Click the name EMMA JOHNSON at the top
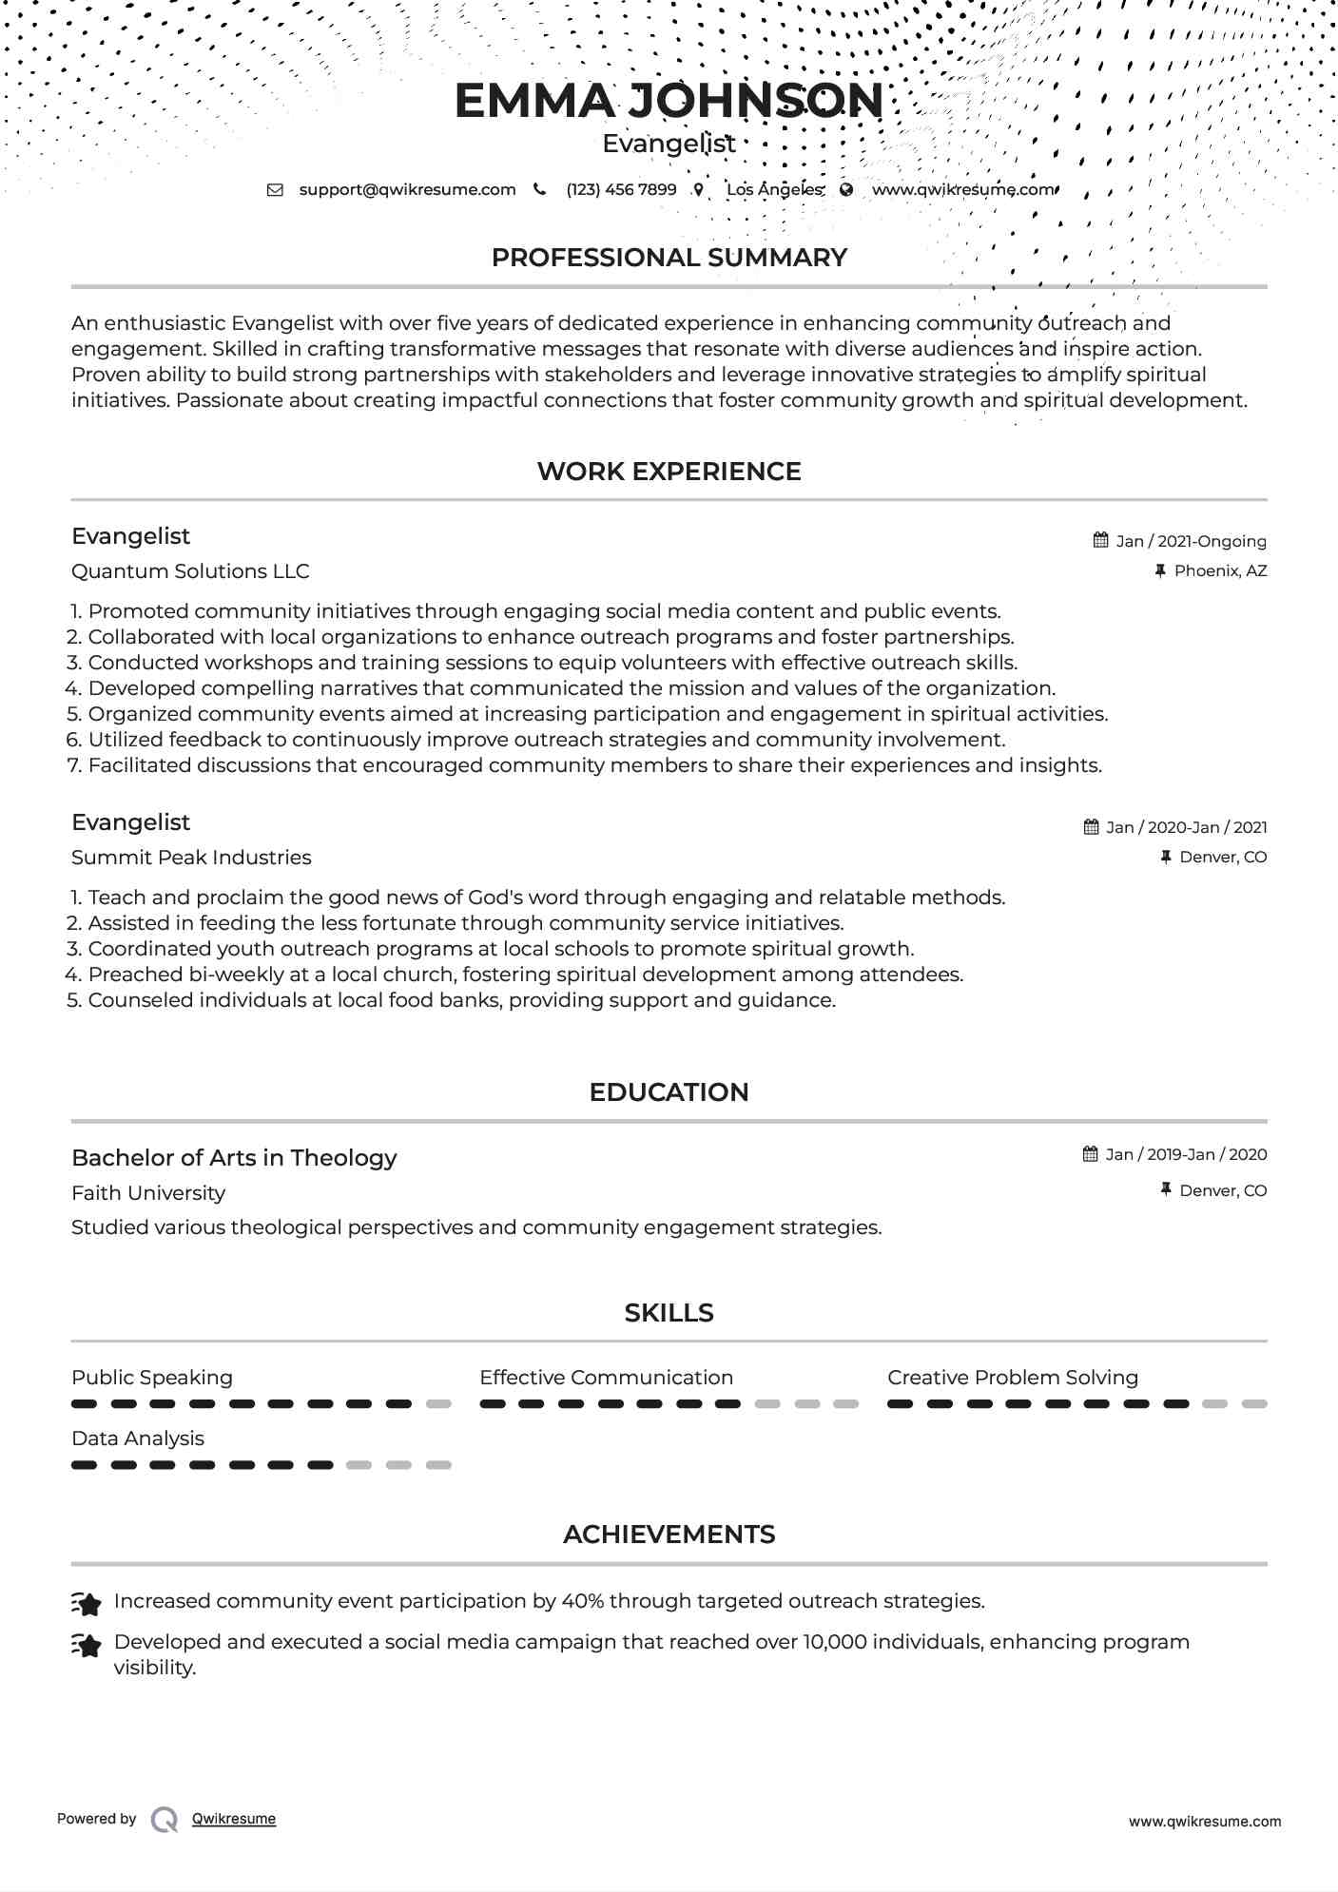click(x=669, y=101)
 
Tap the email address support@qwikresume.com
click(x=407, y=189)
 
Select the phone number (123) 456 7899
click(x=621, y=189)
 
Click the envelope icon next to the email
click(x=275, y=189)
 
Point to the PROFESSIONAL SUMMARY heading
click(x=669, y=258)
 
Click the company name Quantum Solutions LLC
click(x=190, y=571)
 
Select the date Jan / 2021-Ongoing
click(x=1191, y=541)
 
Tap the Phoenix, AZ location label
click(x=1220, y=570)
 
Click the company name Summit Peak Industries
click(x=191, y=858)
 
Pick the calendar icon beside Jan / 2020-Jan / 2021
click(x=1091, y=827)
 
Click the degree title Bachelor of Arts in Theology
click(x=234, y=1158)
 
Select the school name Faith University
click(x=148, y=1193)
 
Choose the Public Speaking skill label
click(x=152, y=1378)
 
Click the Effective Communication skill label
click(x=606, y=1378)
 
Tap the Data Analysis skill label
click(x=138, y=1438)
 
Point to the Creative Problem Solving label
click(x=1013, y=1378)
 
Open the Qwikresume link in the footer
click(x=234, y=1819)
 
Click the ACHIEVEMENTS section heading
click(x=669, y=1535)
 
